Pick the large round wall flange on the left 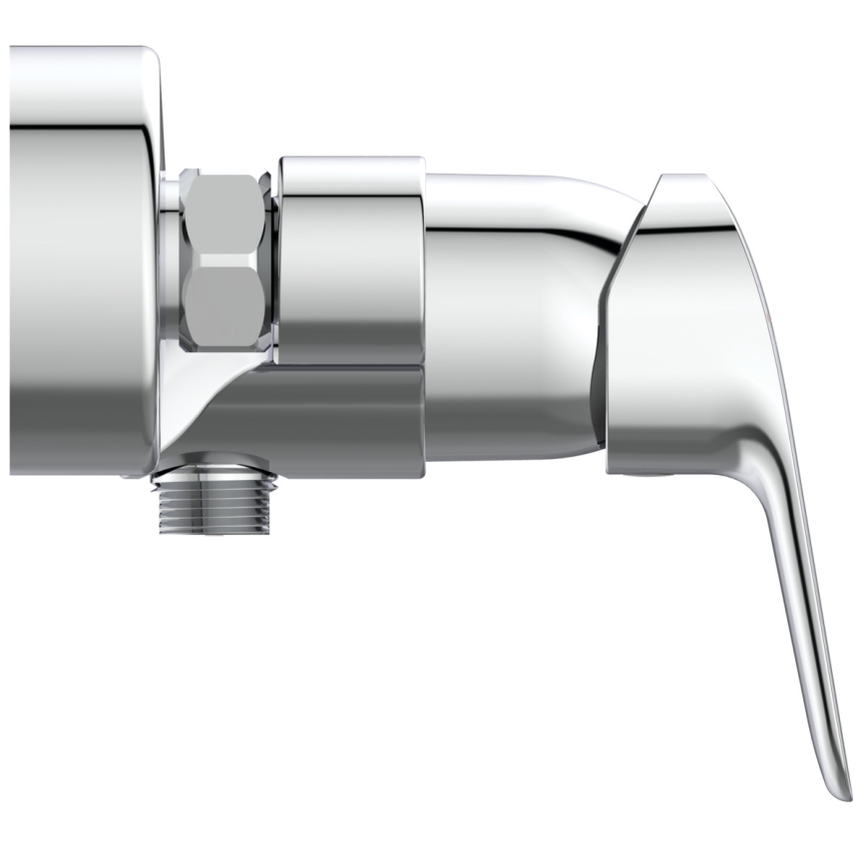pyautogui.click(x=80, y=259)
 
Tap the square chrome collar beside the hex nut pyautogui.click(x=352, y=259)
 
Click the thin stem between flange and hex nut pyautogui.click(x=172, y=259)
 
